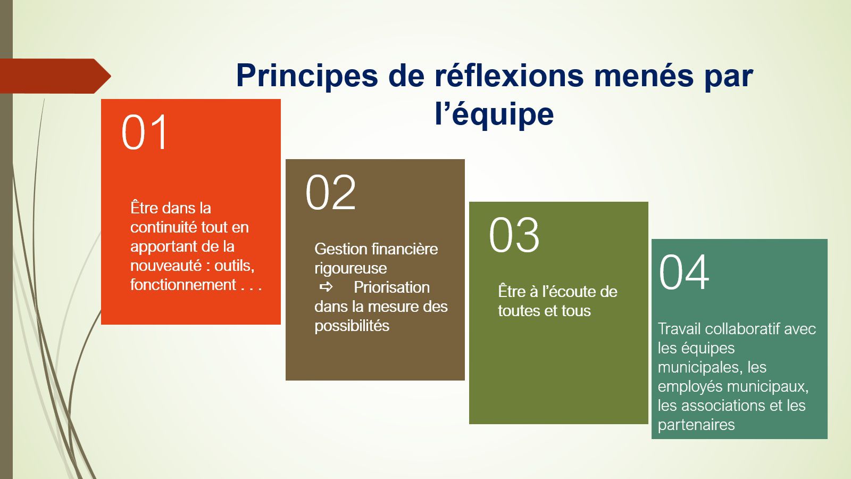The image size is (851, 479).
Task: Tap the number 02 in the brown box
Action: pos(330,193)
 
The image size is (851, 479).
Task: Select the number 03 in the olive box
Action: pos(514,235)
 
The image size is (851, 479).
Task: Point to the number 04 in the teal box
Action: pos(684,272)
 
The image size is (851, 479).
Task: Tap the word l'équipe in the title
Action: pos(494,114)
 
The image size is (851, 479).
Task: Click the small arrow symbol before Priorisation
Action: pos(326,287)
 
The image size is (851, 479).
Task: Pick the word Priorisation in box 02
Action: pos(391,287)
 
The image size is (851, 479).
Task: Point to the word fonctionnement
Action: pos(183,285)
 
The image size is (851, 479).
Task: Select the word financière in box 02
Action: pos(405,249)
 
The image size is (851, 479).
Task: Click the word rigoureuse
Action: pos(351,268)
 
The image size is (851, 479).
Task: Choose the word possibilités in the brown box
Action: pos(352,326)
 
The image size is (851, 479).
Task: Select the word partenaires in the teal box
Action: pos(696,425)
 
